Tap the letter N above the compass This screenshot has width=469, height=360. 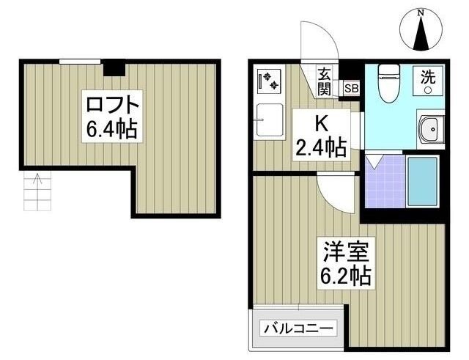[x=421, y=12]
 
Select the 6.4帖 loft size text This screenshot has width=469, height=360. [x=111, y=131]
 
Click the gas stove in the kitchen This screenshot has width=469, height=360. [x=269, y=80]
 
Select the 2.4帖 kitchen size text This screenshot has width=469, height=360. [x=321, y=147]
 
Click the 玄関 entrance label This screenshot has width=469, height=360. [x=325, y=81]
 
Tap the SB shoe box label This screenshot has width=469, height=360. [x=351, y=89]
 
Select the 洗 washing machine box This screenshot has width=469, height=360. [x=426, y=78]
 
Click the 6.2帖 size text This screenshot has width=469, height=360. [x=343, y=276]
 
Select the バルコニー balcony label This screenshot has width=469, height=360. [x=298, y=328]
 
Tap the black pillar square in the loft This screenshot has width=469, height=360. [x=114, y=68]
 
